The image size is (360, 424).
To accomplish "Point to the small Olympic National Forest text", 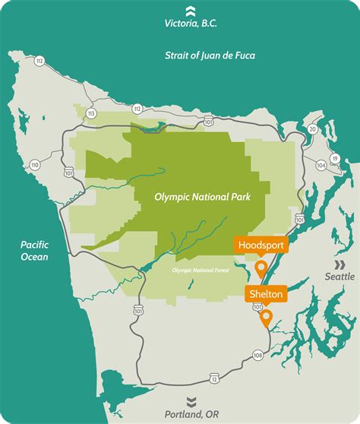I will [201, 270].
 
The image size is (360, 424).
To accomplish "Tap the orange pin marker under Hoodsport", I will [261, 268].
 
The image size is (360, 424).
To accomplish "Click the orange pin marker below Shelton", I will [266, 318].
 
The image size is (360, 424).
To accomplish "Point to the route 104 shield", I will [321, 165].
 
